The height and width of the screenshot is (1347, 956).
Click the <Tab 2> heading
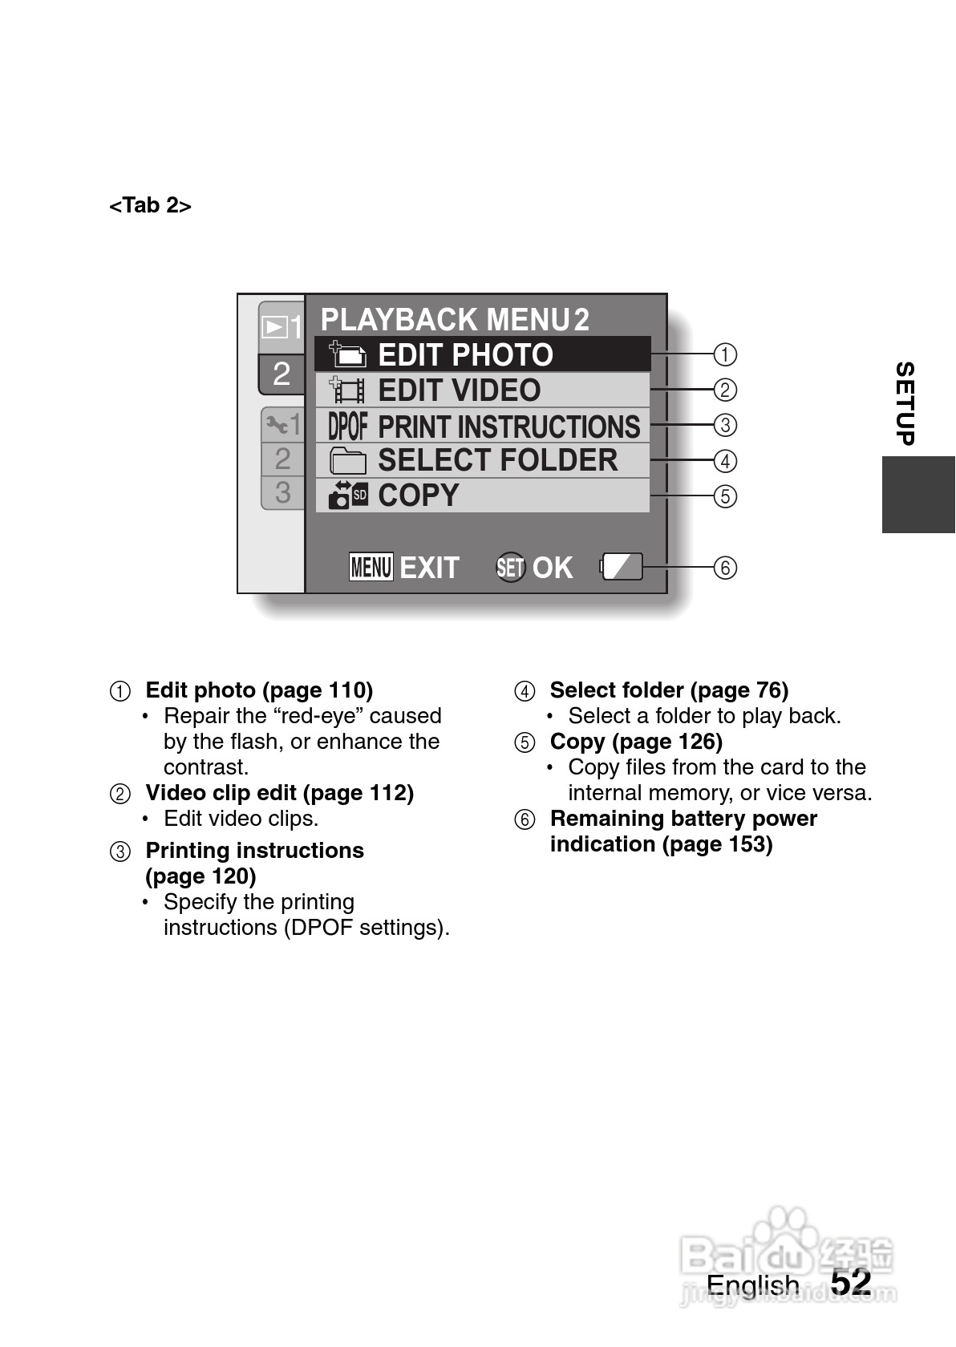tap(150, 206)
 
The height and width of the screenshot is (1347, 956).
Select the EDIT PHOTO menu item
tap(481, 354)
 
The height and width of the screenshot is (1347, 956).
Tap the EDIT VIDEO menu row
tap(481, 390)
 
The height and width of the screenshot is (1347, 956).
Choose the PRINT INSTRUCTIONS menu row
tap(481, 426)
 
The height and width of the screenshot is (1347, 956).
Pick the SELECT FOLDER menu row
tap(481, 461)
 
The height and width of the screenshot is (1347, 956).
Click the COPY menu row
tap(481, 496)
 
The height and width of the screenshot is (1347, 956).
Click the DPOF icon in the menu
tap(347, 426)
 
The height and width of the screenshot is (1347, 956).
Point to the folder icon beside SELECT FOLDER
tap(348, 461)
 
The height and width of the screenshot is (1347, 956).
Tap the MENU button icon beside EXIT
tap(371, 567)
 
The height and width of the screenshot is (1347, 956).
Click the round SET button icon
tap(510, 568)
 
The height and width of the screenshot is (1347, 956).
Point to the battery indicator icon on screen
tap(622, 567)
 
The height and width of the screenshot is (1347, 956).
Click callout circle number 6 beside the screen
tap(725, 568)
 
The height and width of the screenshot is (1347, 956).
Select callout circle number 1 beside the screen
tap(725, 354)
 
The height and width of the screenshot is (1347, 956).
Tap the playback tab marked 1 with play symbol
tap(282, 326)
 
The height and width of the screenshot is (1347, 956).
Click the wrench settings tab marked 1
tap(283, 423)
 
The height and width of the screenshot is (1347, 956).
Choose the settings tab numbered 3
tap(282, 491)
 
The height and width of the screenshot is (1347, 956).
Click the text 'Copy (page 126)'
tap(636, 742)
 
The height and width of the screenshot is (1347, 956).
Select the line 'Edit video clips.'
tap(241, 819)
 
